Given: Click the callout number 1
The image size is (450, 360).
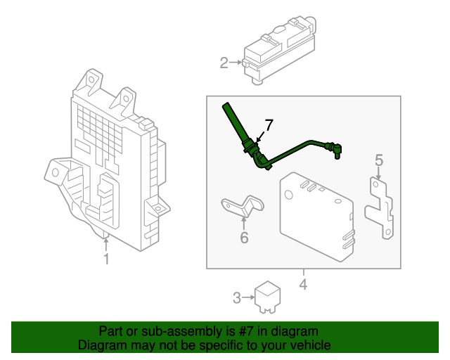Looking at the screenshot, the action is click(106, 259).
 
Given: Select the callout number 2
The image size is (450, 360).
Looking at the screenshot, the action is click(224, 63).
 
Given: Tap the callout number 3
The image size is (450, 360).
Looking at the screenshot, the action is click(237, 297).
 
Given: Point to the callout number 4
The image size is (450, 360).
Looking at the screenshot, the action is click(303, 285).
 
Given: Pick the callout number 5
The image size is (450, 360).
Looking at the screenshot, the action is click(379, 160).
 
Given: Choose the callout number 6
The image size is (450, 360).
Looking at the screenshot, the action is click(244, 238).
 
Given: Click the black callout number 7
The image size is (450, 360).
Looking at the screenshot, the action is click(269, 125).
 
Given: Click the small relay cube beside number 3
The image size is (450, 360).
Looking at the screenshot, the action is click(267, 297).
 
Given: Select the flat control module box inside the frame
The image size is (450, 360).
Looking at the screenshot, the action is click(317, 217).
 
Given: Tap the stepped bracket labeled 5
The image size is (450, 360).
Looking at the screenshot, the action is click(380, 207).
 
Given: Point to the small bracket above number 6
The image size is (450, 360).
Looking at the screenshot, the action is click(243, 206).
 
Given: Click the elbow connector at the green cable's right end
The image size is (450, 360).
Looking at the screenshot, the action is click(336, 150).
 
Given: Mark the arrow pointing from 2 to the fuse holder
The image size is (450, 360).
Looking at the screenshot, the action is click(236, 63).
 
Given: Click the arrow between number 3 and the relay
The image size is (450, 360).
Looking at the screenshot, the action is click(248, 297).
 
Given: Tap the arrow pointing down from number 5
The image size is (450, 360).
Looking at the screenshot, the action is click(379, 174).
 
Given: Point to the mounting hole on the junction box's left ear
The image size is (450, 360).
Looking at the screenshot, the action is click(55, 173).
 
